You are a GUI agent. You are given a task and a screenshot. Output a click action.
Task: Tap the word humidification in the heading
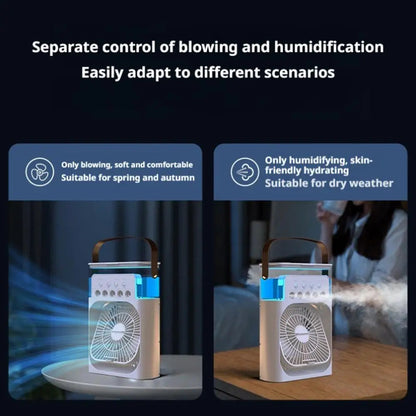pos(329,47)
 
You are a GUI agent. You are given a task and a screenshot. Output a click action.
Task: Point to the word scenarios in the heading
pos(299,72)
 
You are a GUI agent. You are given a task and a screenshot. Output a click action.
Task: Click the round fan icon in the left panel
pos(40,171)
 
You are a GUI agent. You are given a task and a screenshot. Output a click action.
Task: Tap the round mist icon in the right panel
pos(244,171)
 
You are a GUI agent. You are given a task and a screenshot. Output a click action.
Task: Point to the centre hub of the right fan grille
pos(289,332)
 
